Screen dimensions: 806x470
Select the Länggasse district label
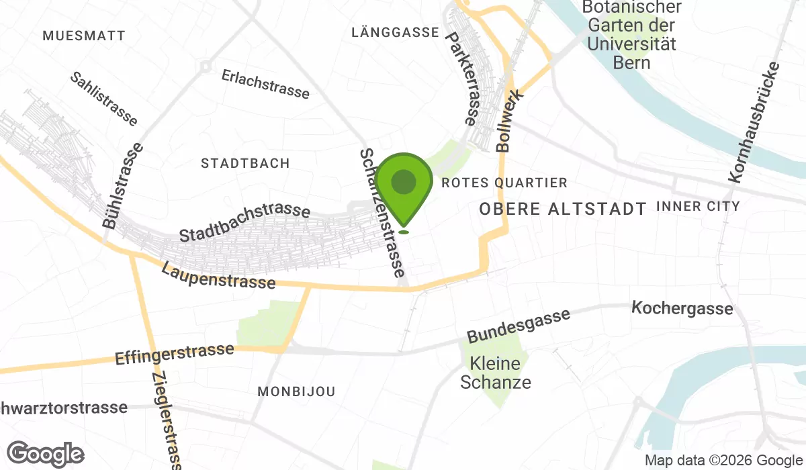(396, 32)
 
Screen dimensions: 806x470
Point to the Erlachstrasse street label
(265, 84)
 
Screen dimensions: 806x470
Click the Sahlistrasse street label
(104, 99)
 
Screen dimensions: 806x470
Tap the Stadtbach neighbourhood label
(245, 163)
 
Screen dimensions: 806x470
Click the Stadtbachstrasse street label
(244, 223)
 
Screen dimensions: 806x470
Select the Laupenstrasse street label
(218, 275)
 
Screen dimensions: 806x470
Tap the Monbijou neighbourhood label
(296, 391)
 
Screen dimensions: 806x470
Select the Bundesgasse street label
(519, 325)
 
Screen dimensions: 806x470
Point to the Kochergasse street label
(682, 309)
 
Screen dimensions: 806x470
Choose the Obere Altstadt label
(563, 209)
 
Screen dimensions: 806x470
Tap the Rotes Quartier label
(504, 183)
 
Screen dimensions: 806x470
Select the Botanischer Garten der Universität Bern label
(631, 35)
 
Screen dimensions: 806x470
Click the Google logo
(46, 454)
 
